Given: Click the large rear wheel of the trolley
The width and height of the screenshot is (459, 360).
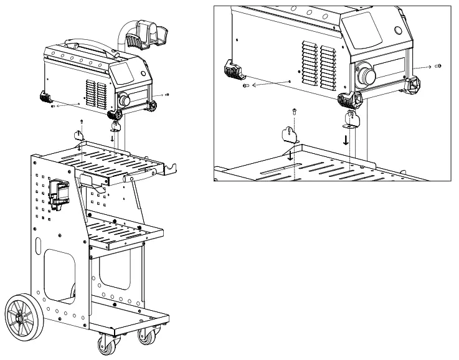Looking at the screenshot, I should (x=24, y=314).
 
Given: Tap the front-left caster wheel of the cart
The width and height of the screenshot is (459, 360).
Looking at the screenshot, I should (x=102, y=344).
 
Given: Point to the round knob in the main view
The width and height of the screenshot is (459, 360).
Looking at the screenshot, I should (x=123, y=100).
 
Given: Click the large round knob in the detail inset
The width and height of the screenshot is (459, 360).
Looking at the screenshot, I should (x=366, y=76).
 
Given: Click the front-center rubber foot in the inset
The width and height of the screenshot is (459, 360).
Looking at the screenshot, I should (x=349, y=100).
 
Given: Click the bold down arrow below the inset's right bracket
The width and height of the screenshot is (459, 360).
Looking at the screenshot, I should (x=346, y=139).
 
